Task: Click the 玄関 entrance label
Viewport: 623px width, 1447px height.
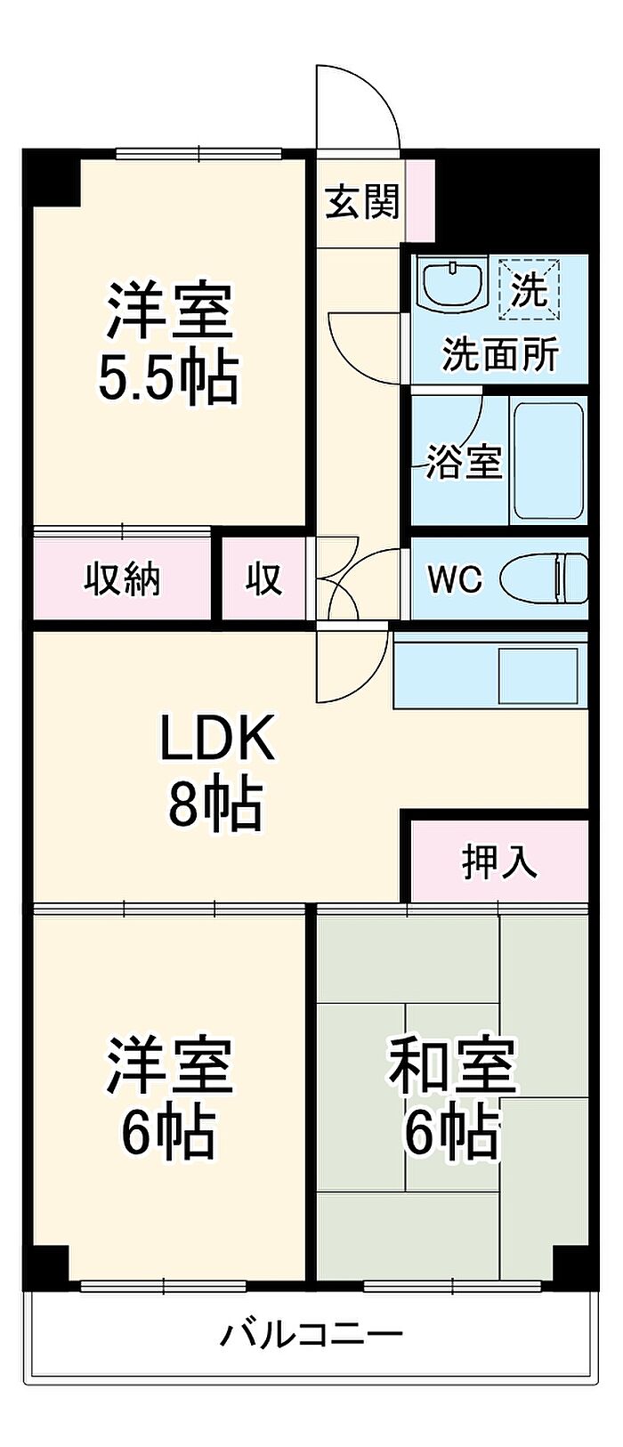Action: pos(360,204)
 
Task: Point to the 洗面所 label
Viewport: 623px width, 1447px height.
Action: pos(500,355)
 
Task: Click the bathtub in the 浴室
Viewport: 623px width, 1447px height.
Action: pos(548,462)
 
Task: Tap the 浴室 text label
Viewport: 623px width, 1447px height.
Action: pos(464,462)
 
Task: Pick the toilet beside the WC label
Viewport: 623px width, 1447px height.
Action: pos(544,579)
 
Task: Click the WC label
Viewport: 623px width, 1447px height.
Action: pos(455,580)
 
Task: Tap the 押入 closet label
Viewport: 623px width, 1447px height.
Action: pos(499,861)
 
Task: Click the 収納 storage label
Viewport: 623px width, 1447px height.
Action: pos(122,579)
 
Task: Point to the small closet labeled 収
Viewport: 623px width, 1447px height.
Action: pos(263,579)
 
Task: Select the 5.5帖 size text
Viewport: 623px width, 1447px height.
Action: pos(168,378)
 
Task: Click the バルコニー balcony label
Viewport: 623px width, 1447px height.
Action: pos(311,1334)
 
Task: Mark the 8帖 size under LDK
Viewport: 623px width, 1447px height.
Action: pos(216,804)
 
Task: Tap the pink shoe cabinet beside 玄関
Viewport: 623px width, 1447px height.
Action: pos(419,200)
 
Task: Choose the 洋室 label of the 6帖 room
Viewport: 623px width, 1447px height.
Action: pos(169,1065)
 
